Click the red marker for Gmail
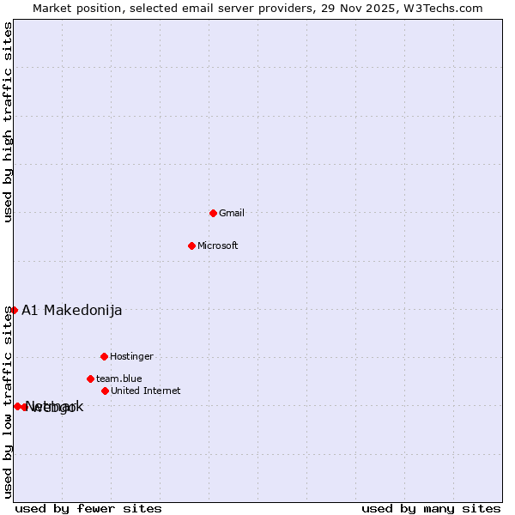tap(214, 213)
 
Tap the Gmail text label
tap(232, 213)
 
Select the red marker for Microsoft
tap(192, 245)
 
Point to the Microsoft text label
tap(218, 245)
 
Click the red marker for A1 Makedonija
tap(14, 310)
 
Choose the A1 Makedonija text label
tap(72, 310)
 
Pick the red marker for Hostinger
tap(104, 356)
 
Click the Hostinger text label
tap(131, 356)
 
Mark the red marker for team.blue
tap(90, 379)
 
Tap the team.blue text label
tap(119, 379)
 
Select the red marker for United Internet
tap(105, 391)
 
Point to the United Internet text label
tap(146, 391)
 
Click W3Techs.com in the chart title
tap(444, 8)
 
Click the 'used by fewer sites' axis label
tap(88, 508)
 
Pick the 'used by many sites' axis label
tap(431, 508)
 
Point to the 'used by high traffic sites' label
tap(8, 122)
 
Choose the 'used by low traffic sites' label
tap(8, 401)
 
